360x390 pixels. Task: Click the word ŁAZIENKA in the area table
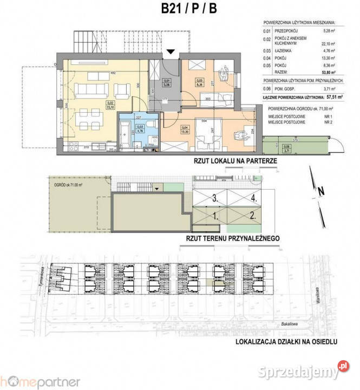pos(277,50)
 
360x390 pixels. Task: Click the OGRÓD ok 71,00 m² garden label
pos(68,185)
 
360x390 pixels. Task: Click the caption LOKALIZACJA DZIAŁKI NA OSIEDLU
pos(287,342)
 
